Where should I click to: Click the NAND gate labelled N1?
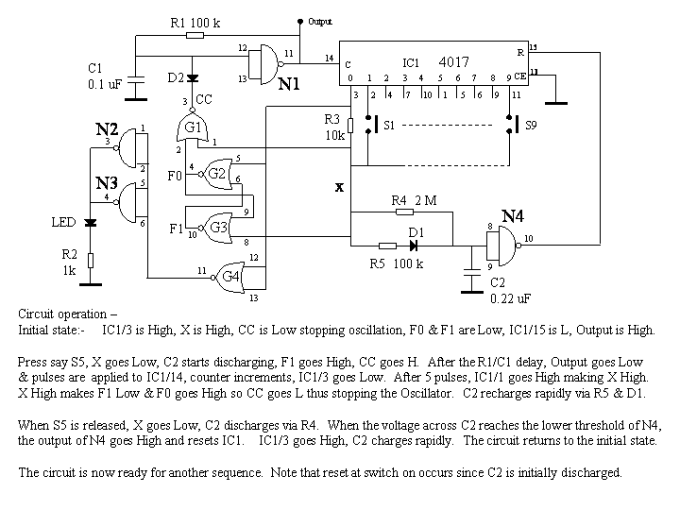[265, 64]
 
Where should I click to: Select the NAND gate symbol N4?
[503, 246]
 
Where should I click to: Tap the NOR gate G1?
[193, 127]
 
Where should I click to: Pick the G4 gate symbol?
[229, 277]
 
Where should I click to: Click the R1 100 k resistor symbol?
[195, 35]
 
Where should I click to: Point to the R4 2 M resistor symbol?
[404, 212]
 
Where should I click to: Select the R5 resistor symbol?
[387, 246]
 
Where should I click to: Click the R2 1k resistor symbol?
[91, 261]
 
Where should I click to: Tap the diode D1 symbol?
[414, 246]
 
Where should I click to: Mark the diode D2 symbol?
[193, 78]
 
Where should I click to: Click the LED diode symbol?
[91, 223]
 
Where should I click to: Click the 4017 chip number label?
[453, 62]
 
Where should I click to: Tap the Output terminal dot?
[299, 21]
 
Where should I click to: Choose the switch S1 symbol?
[371, 124]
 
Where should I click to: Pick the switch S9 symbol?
[512, 124]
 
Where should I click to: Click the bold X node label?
[339, 187]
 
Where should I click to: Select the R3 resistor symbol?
[350, 126]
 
